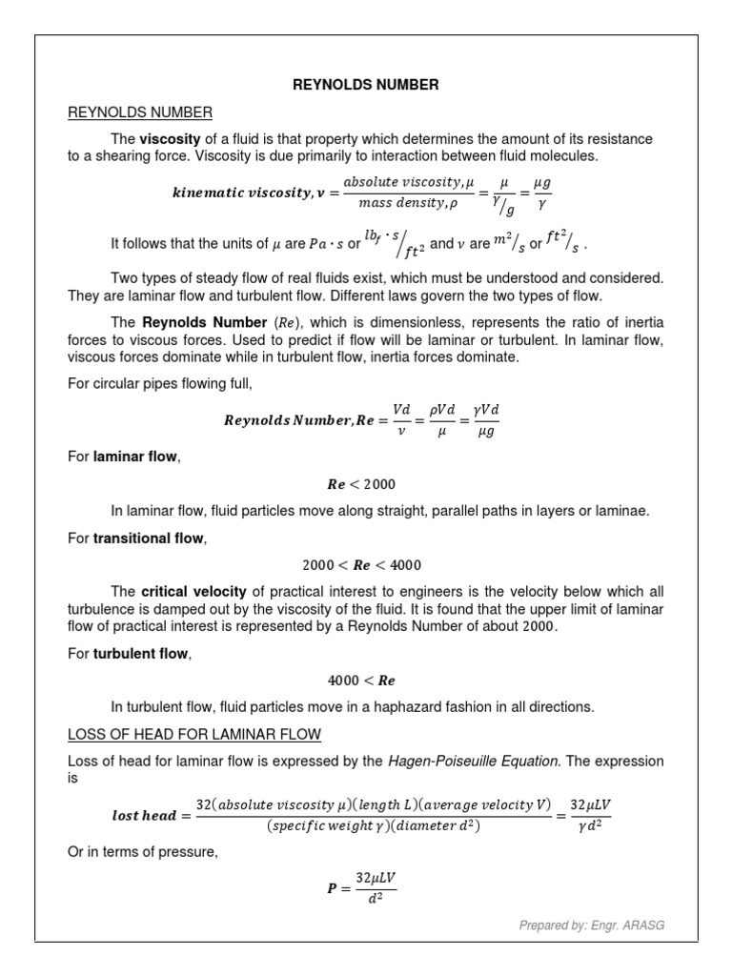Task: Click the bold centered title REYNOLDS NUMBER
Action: (x=365, y=85)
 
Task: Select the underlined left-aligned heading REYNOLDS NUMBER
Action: (x=139, y=113)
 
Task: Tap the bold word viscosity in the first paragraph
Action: (x=170, y=139)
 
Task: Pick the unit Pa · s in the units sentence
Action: (x=327, y=244)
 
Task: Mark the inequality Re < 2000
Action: (x=365, y=484)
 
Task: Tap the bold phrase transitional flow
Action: (x=148, y=539)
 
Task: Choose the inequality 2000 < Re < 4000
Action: (x=365, y=565)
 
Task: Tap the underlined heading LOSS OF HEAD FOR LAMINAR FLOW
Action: (x=193, y=734)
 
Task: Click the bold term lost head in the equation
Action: (x=145, y=816)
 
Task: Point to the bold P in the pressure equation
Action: (x=332, y=888)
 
